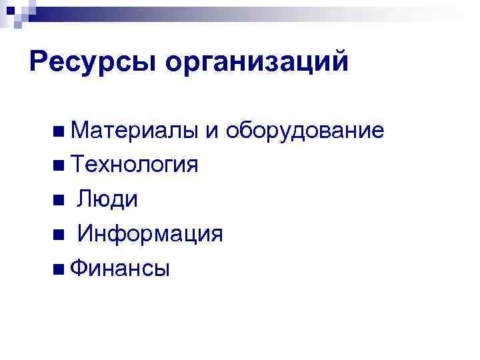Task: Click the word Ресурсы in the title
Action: (93, 63)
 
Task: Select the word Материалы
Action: (133, 130)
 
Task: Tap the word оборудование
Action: (304, 130)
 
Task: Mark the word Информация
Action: (150, 234)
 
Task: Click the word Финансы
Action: (119, 269)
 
